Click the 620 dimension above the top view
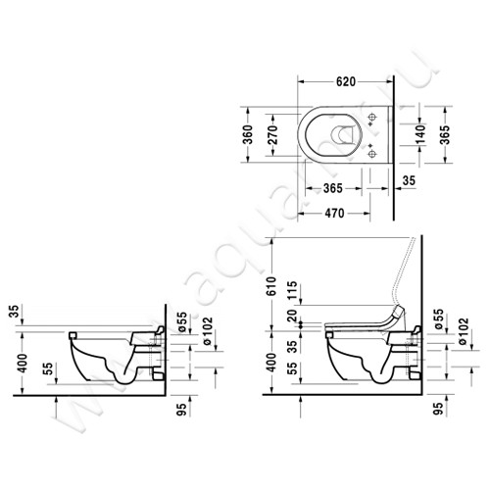tap(344, 82)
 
